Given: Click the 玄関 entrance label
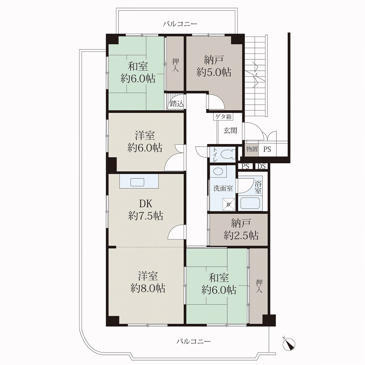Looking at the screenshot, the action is point(230,130).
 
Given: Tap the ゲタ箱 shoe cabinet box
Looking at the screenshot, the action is point(223,117).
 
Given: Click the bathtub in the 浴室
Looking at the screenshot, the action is point(250,203).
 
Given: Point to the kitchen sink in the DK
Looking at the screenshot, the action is point(137,182).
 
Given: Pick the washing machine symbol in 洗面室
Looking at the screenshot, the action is point(228,204).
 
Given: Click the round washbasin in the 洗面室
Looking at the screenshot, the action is point(219,171).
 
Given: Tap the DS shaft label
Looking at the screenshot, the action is point(262,166).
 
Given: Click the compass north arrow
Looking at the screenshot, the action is point(289,343).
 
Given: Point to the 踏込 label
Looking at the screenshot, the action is point(177,103).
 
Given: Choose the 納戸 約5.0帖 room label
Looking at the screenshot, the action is point(214,66).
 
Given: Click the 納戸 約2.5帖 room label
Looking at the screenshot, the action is point(241,230).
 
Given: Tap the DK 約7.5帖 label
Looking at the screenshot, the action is point(145,210).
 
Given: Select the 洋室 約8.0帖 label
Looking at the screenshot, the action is point(148,282).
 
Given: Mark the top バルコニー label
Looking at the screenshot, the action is point(180,24).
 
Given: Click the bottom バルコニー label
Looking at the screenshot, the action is point(194,341).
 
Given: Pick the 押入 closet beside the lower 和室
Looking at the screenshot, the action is point(259,286).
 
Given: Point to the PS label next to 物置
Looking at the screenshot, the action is point(267,149).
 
